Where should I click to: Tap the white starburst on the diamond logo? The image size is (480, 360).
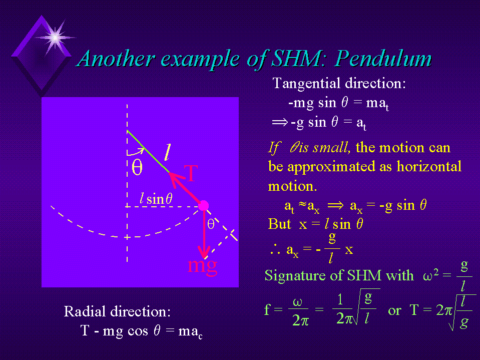(x=55, y=38)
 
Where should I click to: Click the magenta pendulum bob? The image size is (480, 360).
(x=204, y=206)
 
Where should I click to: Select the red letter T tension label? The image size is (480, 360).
(x=191, y=173)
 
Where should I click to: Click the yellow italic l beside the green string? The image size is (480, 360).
(x=167, y=152)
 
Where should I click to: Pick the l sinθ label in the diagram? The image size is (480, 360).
(x=156, y=199)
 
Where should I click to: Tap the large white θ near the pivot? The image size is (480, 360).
(x=137, y=167)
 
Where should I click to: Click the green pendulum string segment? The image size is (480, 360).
(x=148, y=152)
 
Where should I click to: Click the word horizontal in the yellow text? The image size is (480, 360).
(x=429, y=167)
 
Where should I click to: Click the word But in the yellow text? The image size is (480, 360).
(x=279, y=224)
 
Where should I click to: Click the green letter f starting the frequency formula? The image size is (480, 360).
(x=267, y=309)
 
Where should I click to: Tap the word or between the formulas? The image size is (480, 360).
(x=394, y=311)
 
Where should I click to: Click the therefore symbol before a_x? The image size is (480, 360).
(x=275, y=250)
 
